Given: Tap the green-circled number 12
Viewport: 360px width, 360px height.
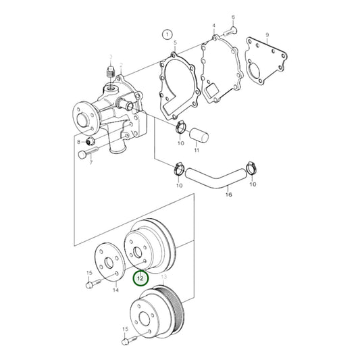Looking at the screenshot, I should coord(140,278).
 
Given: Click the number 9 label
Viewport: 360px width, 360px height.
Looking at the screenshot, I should coord(267,34).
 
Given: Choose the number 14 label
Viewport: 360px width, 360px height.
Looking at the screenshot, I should coord(115,290).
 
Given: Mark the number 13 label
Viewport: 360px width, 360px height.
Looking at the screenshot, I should coord(163,278).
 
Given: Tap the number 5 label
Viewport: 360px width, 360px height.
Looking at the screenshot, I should coord(175,43).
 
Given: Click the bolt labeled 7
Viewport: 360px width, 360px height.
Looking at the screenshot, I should coord(86,154).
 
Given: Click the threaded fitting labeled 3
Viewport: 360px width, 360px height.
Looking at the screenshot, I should coord(110,72).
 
